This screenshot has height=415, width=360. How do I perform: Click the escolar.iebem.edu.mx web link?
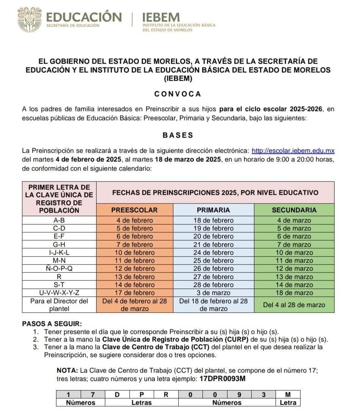293,151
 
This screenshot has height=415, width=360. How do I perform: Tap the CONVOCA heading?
178,94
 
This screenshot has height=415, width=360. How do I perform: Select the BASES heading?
178,135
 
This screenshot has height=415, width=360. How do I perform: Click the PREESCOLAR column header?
134,210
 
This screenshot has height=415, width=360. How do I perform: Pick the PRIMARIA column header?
213,210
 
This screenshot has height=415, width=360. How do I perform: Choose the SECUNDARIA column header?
294,210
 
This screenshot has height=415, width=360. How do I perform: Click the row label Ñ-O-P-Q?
59,269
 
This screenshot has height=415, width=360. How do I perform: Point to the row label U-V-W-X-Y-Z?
59,293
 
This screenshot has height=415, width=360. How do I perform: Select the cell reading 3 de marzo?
213,293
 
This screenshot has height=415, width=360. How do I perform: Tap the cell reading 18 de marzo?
294,293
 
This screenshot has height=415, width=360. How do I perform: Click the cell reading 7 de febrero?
134,244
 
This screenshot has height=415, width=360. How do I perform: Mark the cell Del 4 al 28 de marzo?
294,305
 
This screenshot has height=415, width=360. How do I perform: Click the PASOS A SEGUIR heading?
52,324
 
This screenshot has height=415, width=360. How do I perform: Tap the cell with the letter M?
287,395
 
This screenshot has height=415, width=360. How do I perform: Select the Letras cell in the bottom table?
141,402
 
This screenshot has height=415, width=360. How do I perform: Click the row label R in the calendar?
59,277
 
